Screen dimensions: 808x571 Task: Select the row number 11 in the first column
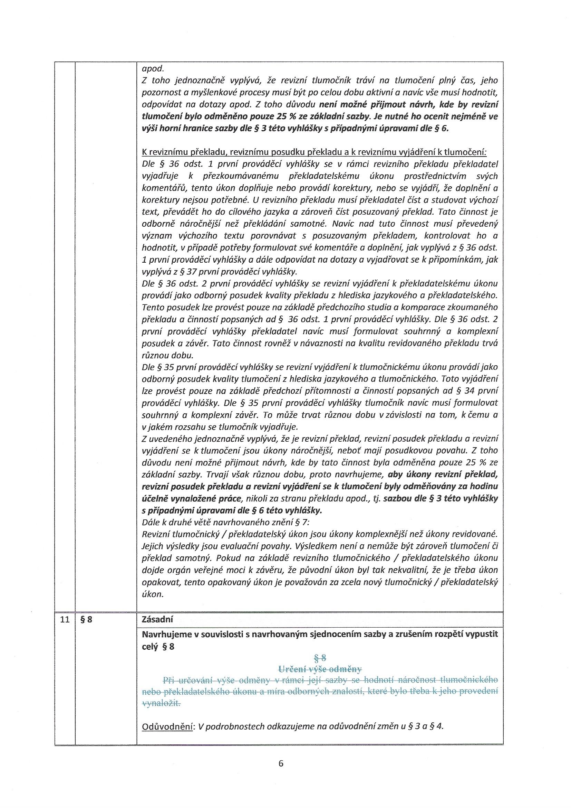point(65,620)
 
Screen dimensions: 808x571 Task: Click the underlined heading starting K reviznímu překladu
point(314,153)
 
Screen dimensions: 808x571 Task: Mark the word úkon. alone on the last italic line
point(153,594)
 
